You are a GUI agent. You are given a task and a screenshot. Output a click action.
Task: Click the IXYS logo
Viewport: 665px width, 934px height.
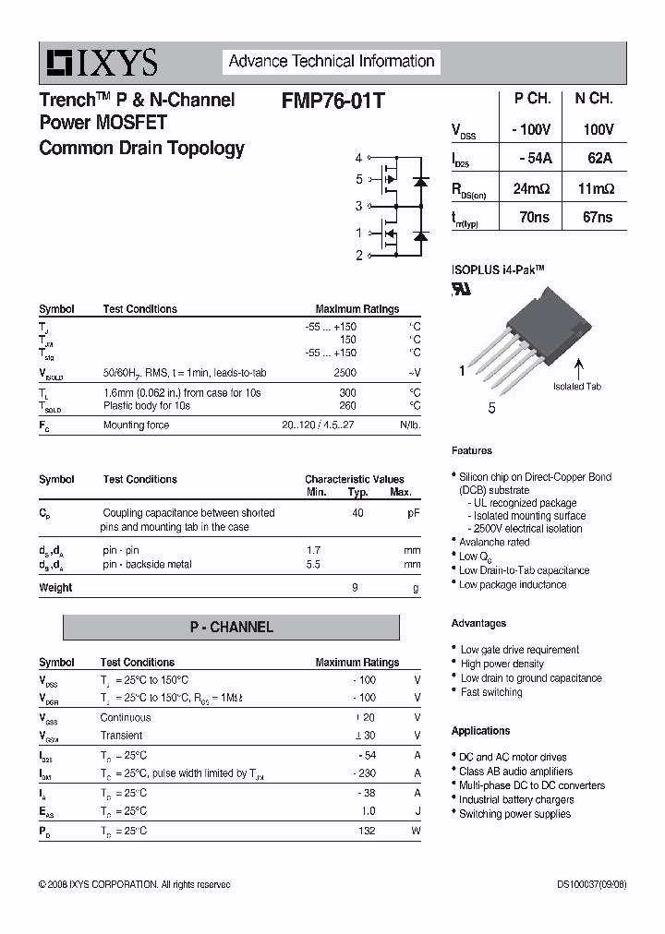click(103, 63)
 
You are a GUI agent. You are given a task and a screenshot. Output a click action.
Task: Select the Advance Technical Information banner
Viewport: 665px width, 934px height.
click(332, 62)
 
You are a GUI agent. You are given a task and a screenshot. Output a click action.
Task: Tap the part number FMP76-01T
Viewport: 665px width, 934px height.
click(332, 101)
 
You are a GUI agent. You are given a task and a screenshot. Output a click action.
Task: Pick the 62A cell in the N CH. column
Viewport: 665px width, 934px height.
click(598, 159)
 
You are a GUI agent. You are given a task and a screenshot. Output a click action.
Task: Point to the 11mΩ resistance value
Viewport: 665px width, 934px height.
click(597, 188)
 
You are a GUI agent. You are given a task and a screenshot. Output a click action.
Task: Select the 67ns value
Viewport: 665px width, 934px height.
click(598, 218)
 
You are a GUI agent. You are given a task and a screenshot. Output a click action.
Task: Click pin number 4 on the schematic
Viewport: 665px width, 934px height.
click(359, 159)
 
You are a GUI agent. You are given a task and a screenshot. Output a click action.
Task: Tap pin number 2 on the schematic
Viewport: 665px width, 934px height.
click(359, 256)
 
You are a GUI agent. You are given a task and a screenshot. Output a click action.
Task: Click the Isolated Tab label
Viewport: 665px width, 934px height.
click(577, 386)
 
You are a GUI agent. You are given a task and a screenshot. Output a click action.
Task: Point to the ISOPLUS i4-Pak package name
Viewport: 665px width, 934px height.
click(498, 269)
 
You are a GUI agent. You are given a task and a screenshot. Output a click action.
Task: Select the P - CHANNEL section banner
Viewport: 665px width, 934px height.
click(231, 628)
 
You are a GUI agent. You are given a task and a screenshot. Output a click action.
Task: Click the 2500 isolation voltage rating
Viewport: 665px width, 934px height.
click(345, 373)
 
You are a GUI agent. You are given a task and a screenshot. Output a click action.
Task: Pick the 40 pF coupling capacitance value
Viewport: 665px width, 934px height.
click(357, 512)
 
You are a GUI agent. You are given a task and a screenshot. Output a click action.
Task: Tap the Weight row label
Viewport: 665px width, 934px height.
click(55, 588)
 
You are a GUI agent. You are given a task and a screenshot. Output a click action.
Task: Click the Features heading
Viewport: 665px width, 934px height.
click(472, 450)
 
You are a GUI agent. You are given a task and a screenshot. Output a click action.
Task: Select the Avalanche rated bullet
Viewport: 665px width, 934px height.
click(494, 543)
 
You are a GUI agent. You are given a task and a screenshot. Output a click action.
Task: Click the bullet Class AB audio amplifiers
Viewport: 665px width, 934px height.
click(515, 772)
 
